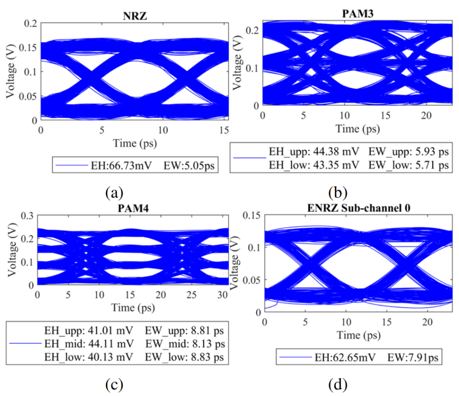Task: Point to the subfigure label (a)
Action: tap(114, 193)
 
